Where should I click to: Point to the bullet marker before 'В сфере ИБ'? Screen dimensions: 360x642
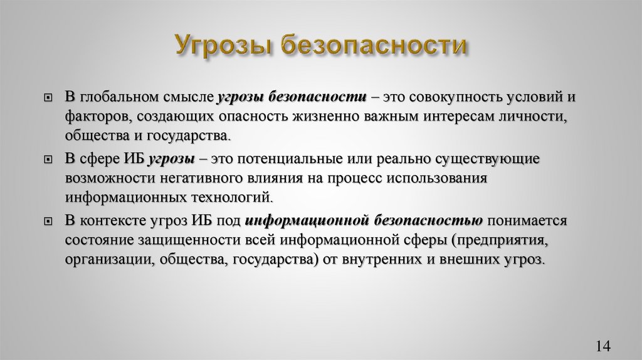point(48,160)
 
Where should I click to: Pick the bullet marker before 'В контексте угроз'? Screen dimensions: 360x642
point(48,221)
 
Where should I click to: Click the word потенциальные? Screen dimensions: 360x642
point(280,159)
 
